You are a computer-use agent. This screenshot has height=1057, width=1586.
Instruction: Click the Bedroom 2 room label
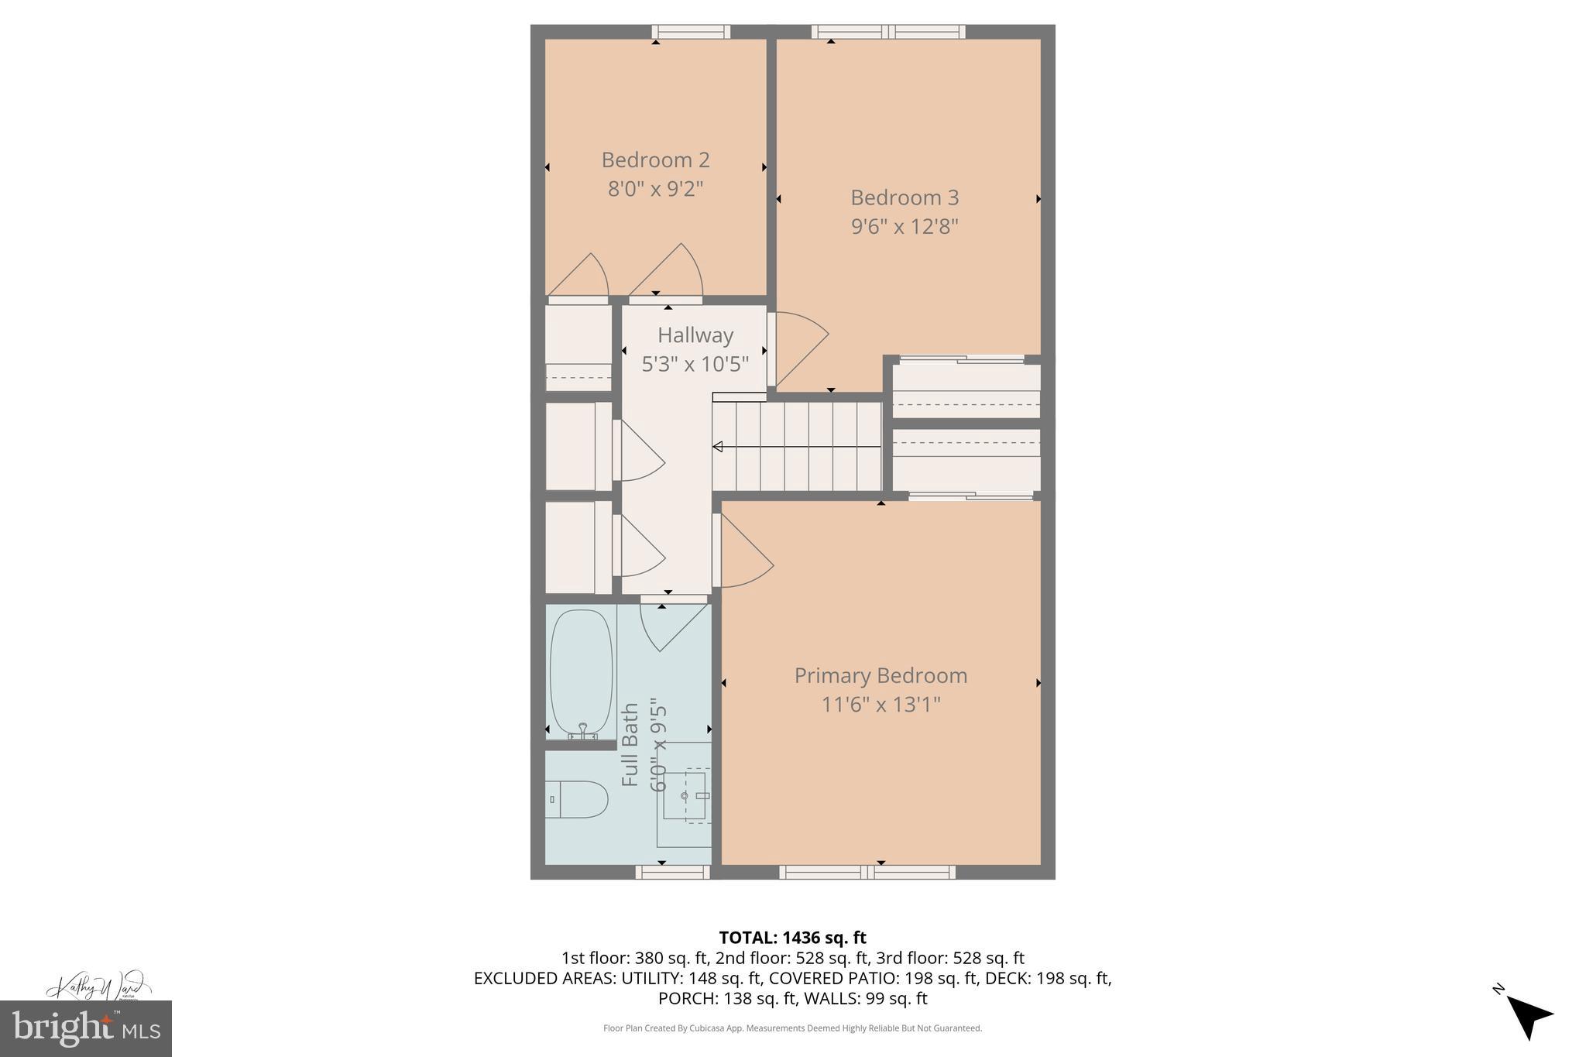[655, 160]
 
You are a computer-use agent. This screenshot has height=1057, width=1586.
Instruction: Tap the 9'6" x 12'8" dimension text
[905, 227]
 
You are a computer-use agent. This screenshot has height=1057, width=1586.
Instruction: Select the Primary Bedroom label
[881, 675]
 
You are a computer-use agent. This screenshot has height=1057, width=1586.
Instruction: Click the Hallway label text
[695, 335]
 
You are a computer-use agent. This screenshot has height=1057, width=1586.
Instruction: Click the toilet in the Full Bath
[577, 799]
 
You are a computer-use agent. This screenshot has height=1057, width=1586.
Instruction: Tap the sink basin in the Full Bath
[685, 796]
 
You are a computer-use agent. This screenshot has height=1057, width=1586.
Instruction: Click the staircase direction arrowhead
[718, 447]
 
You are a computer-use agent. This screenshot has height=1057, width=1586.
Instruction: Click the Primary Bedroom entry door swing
[743, 551]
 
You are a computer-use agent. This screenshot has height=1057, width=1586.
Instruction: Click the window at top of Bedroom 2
[691, 32]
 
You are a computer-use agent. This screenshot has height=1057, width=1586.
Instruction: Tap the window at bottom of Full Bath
[672, 872]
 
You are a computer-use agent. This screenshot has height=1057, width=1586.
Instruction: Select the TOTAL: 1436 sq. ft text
[792, 938]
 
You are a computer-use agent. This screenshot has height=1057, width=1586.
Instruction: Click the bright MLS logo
[85, 1028]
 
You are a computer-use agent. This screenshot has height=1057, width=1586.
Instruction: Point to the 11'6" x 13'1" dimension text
[881, 705]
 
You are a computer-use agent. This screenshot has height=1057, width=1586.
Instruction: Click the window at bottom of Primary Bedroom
[867, 872]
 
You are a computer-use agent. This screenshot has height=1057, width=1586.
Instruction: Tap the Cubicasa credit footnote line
[792, 1028]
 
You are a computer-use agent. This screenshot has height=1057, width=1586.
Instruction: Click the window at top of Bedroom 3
[888, 32]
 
